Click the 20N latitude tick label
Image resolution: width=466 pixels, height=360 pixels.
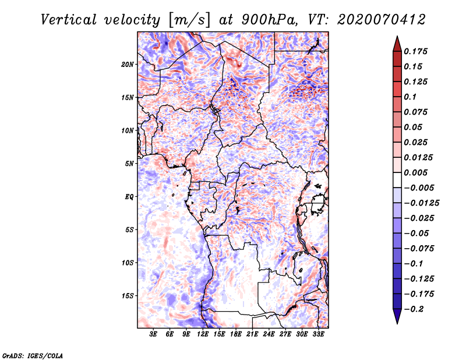pos(128,65)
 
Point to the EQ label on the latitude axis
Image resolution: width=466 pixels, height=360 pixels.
pos(129,197)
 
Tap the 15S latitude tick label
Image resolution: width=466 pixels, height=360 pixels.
pos(128,296)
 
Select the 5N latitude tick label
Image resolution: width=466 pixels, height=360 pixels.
pos(129,164)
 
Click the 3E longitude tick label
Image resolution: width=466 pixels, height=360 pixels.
pos(153,334)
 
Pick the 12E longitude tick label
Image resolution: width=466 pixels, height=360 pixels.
pos(203,334)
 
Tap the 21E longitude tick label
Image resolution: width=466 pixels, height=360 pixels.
pos(252,334)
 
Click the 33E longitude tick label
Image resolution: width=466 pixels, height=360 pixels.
pos(318,334)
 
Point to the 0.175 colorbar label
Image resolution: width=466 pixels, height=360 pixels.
pos(415,51)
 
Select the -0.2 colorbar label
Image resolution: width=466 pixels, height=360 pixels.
pos(414,309)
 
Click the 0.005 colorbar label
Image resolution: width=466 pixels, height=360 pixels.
pos(415,172)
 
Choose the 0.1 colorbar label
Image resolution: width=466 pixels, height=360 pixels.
pos(410,97)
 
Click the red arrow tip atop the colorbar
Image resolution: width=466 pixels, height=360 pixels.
pos(397,37)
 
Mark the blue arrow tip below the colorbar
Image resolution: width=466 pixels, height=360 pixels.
pos(397,323)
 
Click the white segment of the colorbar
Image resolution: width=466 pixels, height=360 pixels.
pos(397,180)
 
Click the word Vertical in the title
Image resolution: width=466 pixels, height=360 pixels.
pos(69,20)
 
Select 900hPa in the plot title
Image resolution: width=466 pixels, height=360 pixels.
pos(269,20)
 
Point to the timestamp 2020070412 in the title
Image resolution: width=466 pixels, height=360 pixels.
pos(382,20)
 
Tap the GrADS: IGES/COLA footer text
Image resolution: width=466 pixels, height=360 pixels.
pos(33,355)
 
